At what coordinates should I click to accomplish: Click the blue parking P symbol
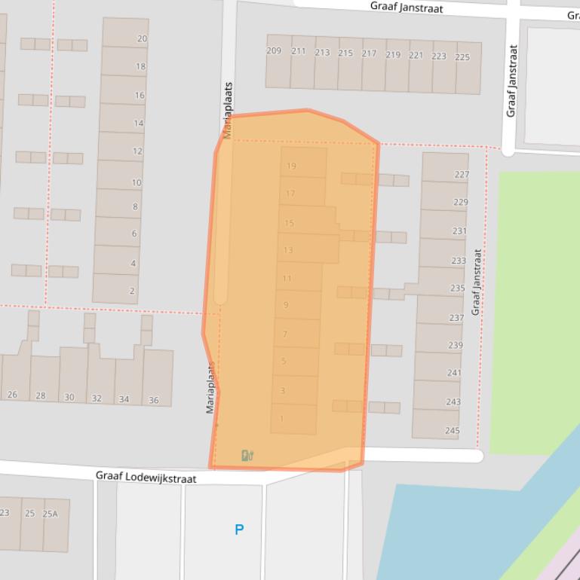[239, 530]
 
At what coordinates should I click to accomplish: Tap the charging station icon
[247, 455]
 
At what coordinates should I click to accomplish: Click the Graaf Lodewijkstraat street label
[146, 478]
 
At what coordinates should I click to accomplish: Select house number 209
[274, 51]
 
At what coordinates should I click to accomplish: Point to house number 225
[462, 56]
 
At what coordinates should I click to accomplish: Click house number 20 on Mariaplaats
[142, 38]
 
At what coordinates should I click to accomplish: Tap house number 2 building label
[133, 291]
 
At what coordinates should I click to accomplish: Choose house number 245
[452, 431]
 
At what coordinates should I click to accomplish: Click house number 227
[462, 174]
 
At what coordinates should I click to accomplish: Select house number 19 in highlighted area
[291, 166]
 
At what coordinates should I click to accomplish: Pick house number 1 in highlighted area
[282, 419]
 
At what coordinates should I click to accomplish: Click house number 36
[154, 400]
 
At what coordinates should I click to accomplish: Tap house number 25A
[50, 514]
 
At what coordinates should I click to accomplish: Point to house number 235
[457, 288]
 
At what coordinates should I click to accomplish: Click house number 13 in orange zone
[288, 250]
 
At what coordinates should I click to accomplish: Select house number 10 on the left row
[137, 182]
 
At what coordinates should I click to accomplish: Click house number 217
[369, 53]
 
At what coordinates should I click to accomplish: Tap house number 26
[12, 395]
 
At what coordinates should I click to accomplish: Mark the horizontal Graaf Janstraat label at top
[407, 8]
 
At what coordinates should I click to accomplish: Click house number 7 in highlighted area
[285, 334]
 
